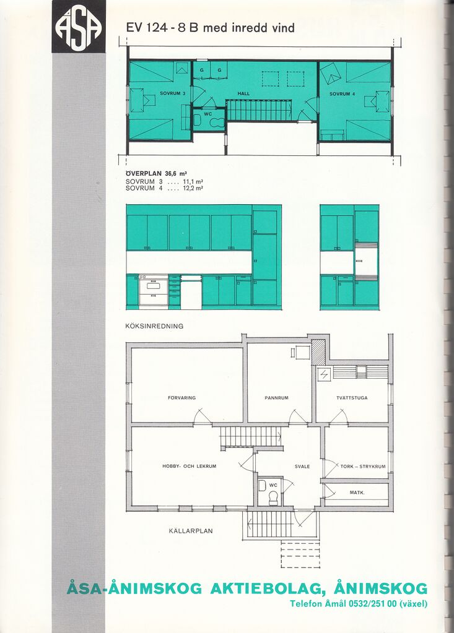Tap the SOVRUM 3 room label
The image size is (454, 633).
point(172,93)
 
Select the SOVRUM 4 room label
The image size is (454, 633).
point(342,94)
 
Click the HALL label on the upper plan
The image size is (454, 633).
point(243,93)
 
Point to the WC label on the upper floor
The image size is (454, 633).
point(207,114)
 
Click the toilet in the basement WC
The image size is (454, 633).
point(274,497)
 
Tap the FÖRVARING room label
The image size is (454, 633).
point(181,398)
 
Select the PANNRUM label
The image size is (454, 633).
point(277,398)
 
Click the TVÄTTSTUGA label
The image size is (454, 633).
point(352,398)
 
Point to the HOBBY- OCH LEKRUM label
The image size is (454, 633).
point(190,466)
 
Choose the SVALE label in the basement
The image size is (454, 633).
point(302,467)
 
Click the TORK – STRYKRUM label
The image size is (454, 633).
point(363,467)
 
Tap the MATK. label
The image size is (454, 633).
point(357,493)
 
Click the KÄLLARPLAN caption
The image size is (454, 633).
point(191,531)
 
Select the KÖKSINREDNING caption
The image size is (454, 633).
point(154,326)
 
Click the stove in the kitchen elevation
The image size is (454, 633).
point(154,291)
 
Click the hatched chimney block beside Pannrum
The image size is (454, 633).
point(318,353)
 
